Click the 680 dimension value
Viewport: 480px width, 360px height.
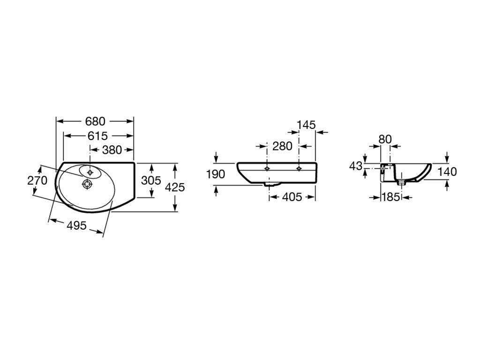[95, 121]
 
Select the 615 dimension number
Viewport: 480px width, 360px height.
[97, 135]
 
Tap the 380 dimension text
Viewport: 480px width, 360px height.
[112, 150]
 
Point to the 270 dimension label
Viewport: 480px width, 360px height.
[37, 180]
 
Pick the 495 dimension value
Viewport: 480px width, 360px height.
[76, 225]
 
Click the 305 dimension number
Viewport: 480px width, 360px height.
[151, 180]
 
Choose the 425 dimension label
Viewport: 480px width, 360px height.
[175, 187]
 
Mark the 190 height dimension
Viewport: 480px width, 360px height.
[216, 174]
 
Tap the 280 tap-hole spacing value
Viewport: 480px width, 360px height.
[282, 146]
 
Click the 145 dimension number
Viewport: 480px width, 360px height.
[306, 125]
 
